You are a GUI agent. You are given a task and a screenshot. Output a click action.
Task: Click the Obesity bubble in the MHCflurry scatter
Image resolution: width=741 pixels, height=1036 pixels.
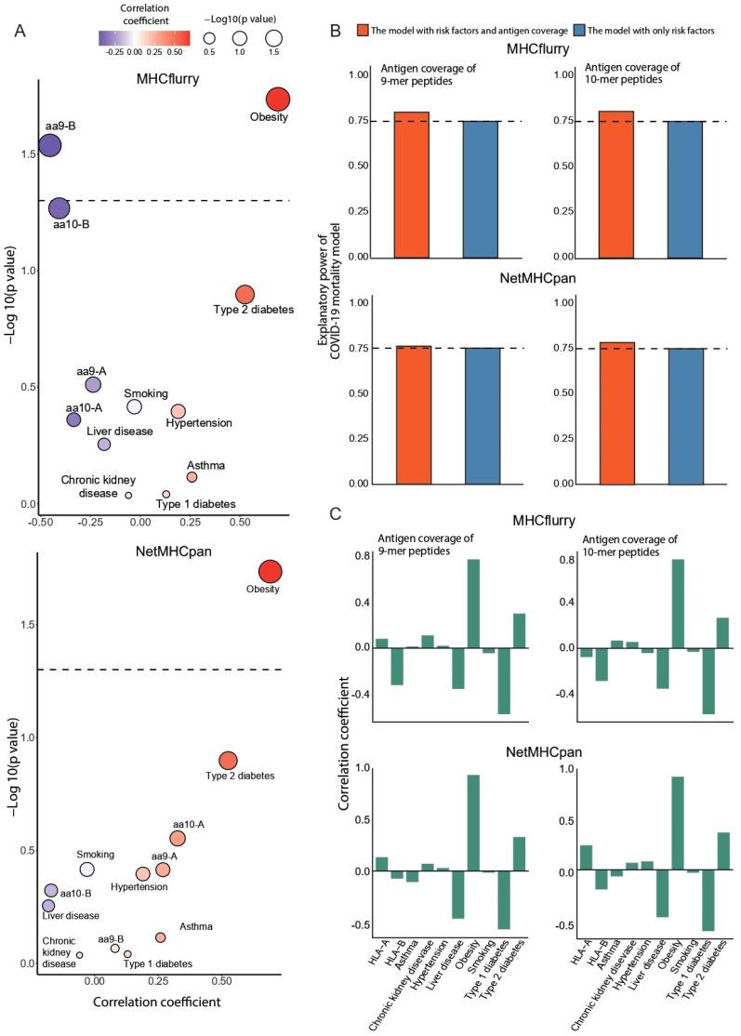coord(277,100)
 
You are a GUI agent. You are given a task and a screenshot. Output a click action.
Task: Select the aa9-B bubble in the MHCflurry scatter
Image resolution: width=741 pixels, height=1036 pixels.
coord(49,146)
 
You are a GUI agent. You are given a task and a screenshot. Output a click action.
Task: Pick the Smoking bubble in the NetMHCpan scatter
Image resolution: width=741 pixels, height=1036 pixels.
coord(87,869)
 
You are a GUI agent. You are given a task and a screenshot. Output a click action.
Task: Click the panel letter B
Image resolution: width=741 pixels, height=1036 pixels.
coord(336,31)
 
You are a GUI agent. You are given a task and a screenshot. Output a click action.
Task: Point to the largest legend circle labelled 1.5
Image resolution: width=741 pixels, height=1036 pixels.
coord(273,39)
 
